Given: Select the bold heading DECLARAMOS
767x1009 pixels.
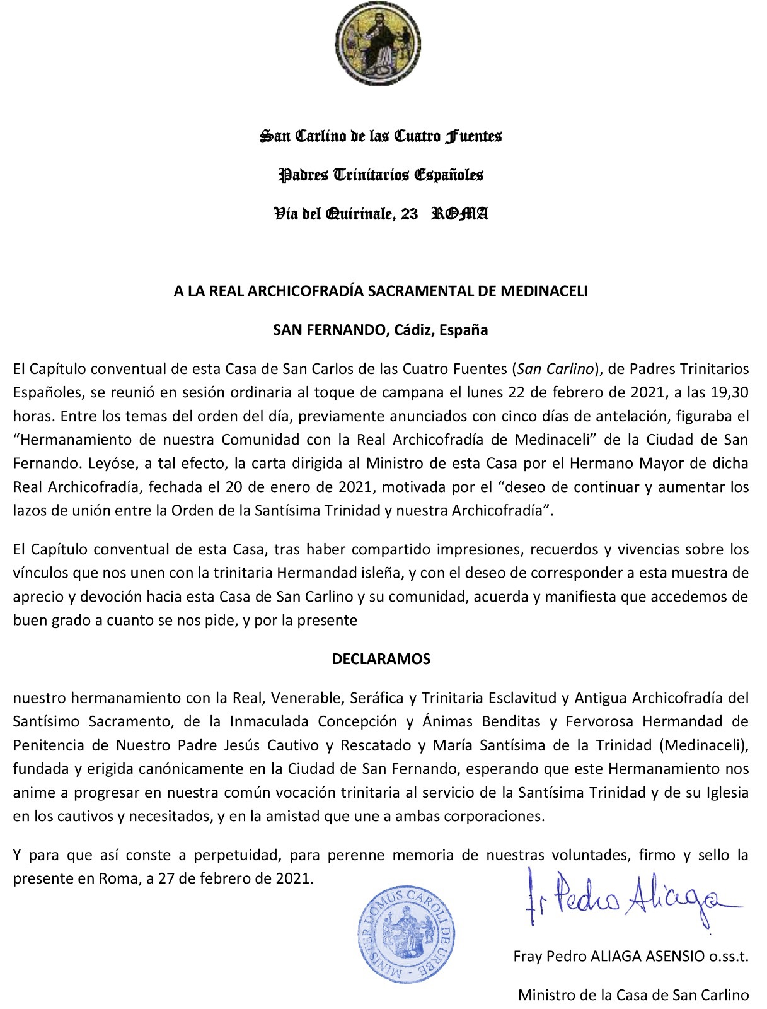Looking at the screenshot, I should (x=381, y=659).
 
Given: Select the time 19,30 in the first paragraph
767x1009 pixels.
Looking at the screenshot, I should (x=732, y=392).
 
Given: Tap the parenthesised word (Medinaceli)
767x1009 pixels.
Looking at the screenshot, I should (x=705, y=745).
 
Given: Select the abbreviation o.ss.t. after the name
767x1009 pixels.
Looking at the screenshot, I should (x=729, y=957).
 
